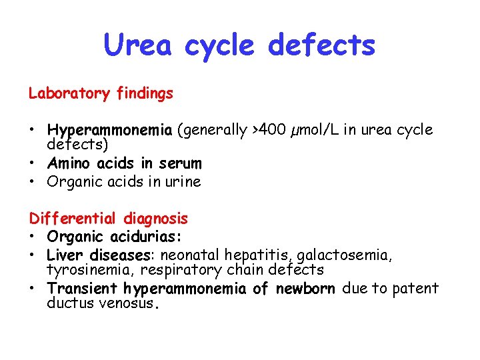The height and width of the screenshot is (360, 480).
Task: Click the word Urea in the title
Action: tap(138, 45)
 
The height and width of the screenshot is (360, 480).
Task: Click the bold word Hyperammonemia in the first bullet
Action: tap(110, 130)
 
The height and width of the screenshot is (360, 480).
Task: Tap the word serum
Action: tap(180, 163)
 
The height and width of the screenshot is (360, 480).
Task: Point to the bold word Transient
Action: tap(82, 289)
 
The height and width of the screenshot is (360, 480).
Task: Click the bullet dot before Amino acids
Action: tap(32, 163)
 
